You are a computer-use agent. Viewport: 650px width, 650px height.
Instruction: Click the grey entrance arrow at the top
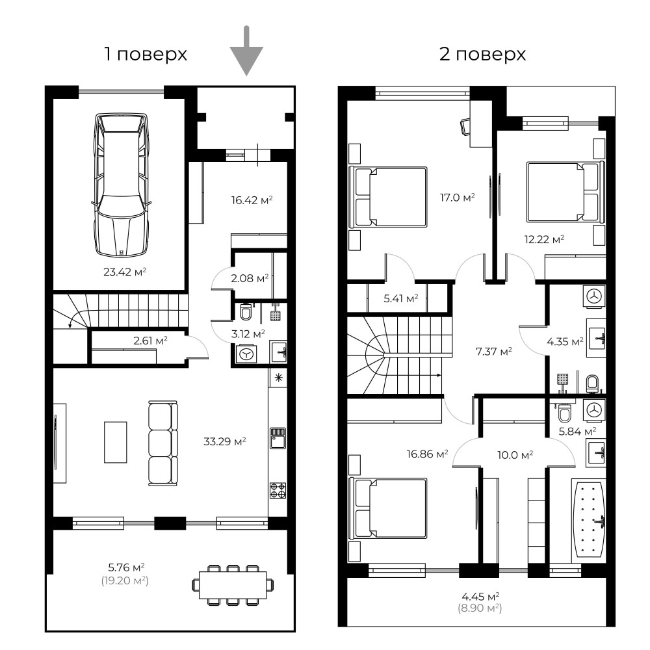[246, 51]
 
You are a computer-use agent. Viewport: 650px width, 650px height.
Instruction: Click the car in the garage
[121, 185]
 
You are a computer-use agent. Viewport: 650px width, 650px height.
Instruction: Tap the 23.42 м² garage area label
[125, 272]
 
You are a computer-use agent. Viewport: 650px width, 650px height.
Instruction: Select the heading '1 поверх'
[146, 55]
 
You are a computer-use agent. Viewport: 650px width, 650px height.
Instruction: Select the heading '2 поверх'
[482, 55]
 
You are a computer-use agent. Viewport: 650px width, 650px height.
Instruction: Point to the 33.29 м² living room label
[225, 441]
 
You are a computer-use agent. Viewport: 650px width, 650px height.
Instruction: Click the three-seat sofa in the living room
[163, 443]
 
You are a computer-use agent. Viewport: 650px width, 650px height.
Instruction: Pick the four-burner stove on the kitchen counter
[278, 490]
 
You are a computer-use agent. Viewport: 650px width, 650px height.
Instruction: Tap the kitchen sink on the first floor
[278, 439]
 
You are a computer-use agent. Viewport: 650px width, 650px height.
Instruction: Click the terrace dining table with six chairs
[233, 584]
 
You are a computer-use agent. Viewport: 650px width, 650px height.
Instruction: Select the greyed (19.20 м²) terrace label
[125, 580]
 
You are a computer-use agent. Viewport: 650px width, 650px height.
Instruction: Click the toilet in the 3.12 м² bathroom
[246, 312]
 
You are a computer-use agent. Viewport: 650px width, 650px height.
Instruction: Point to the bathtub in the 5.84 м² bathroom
[588, 520]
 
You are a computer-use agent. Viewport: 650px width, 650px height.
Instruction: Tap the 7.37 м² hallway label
[494, 352]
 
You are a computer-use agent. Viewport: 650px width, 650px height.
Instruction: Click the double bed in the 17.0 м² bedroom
[388, 197]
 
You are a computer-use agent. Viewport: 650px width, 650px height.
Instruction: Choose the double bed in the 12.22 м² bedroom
[565, 192]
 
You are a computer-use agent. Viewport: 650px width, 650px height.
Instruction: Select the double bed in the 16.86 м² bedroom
[388, 508]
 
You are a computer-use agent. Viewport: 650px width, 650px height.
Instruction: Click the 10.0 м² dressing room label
[515, 455]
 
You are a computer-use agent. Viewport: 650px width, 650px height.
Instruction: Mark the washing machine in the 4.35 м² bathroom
[595, 296]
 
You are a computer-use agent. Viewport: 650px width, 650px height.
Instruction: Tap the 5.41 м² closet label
[401, 298]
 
